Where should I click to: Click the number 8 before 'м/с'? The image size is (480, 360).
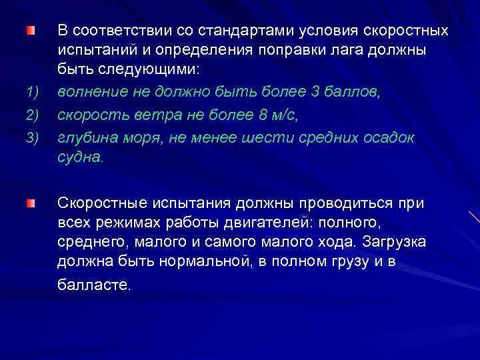(261, 115)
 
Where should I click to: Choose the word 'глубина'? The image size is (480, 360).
(82, 138)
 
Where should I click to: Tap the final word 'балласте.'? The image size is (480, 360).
(95, 284)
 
